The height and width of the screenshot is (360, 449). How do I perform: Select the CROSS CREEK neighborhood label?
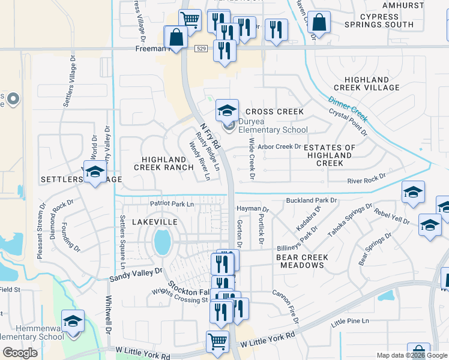coord(274,112)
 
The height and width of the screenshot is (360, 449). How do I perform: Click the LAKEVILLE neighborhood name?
coord(155,222)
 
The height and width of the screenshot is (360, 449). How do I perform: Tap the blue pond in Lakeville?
coord(161,242)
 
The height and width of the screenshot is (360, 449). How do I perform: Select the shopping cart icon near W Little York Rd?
coord(217,342)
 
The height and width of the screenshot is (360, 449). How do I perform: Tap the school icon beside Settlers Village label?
coord(95,173)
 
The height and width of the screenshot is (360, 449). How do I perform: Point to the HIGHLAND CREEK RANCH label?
coord(164,163)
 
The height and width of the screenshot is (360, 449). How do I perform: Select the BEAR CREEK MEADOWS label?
coord(302,261)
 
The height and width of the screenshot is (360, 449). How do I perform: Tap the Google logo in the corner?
coord(20,353)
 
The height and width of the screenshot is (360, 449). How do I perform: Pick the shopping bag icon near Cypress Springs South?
coord(319,23)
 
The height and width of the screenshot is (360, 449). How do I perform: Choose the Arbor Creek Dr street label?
coord(279,146)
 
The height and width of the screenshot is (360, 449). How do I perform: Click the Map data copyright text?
coord(412,355)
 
